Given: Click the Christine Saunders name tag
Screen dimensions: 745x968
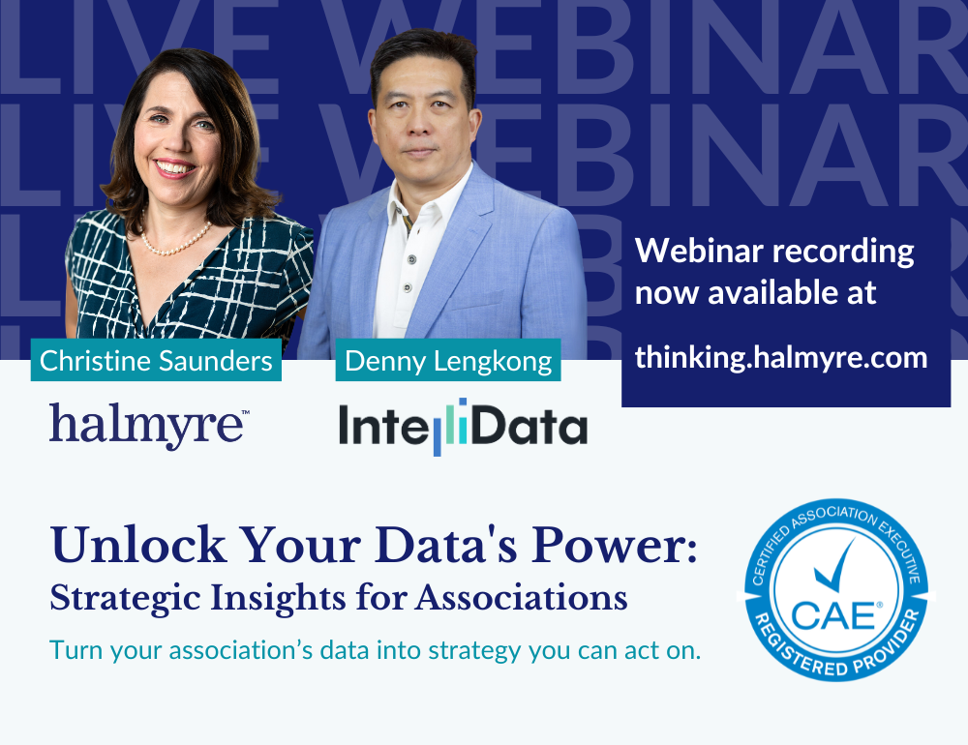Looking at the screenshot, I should pyautogui.click(x=156, y=361).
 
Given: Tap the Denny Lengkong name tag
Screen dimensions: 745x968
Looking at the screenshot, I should pyautogui.click(x=448, y=361).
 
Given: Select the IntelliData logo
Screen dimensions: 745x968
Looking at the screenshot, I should pyautogui.click(x=463, y=427).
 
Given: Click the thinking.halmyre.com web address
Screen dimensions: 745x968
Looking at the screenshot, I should pyautogui.click(x=781, y=357).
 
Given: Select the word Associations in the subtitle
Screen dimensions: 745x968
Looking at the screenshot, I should pyautogui.click(x=522, y=597).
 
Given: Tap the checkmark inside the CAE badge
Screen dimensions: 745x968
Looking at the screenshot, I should pyautogui.click(x=837, y=569).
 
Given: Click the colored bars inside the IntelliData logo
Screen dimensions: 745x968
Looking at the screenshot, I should pyautogui.click(x=447, y=427).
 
